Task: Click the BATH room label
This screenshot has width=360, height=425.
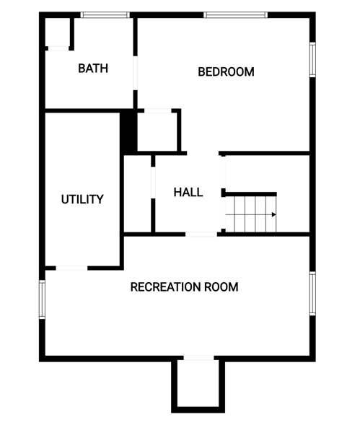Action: coord(93,68)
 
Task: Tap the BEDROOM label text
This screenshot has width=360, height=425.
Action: coord(226,72)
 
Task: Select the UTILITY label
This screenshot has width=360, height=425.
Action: coord(82,199)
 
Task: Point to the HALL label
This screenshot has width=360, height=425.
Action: coord(188,192)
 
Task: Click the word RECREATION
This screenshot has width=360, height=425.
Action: coord(165,286)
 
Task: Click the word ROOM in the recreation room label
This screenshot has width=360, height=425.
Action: coord(221,286)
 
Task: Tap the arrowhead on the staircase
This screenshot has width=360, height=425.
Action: coord(274,215)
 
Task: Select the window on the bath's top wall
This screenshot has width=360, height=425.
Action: coord(105,15)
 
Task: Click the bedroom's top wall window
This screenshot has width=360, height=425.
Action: coord(236,15)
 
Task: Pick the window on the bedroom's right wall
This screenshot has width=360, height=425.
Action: coord(312,60)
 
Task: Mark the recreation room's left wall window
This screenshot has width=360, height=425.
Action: coord(42,299)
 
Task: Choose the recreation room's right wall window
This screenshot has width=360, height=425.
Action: coord(312,294)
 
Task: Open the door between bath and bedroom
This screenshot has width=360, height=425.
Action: coord(136,73)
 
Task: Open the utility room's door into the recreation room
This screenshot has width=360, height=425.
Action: coord(71,268)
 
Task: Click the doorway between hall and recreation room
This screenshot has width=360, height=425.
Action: coord(201,235)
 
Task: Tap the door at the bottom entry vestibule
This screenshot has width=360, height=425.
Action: coord(198,358)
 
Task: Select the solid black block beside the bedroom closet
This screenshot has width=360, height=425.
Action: coord(128,132)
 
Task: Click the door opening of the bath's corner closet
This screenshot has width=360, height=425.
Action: coord(58,48)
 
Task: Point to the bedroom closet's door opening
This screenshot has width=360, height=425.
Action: coord(158,110)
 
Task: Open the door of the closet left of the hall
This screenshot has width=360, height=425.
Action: coord(153,183)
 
